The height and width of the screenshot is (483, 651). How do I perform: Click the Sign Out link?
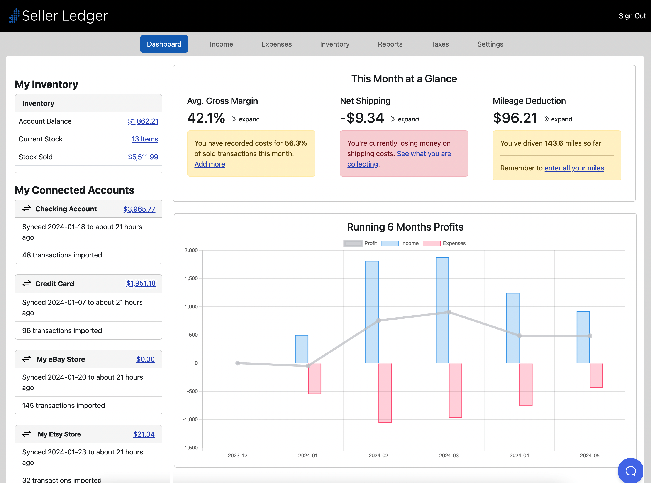632,16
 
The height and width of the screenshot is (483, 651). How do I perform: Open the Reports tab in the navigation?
390,44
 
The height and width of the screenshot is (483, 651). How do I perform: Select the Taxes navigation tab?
439,44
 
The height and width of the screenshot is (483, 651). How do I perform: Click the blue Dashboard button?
164,44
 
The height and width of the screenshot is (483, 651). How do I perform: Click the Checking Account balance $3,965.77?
139,209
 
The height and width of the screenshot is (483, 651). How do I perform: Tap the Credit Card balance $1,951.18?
141,283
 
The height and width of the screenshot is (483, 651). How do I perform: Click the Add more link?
210,164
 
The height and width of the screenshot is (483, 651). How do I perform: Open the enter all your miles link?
574,168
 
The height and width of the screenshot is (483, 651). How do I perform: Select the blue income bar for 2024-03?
442,310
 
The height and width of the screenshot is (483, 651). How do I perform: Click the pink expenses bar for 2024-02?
385,393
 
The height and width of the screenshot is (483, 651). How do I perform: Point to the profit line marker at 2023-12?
237,363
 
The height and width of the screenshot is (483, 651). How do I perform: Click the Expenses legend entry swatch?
431,243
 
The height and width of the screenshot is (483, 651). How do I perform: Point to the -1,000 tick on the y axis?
190,419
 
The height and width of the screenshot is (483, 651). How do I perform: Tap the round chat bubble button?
630,470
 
